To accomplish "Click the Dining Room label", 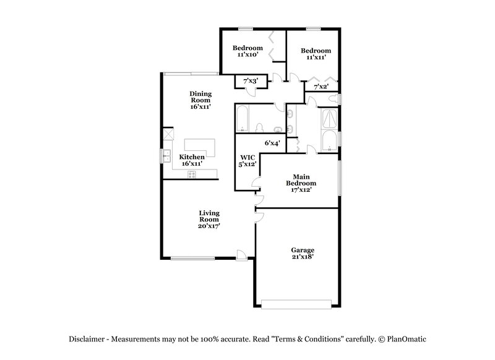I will click(x=200, y=100).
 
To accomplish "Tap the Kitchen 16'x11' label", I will click(x=192, y=161).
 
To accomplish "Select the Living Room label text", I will click(x=209, y=220).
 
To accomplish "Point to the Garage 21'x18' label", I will click(x=302, y=253).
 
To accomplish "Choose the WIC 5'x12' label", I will click(x=247, y=161).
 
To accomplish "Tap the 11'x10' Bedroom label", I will click(x=247, y=51).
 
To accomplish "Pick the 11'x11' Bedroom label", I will click(x=316, y=54).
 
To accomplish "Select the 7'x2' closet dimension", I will click(x=321, y=87).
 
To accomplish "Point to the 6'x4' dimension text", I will click(x=273, y=143).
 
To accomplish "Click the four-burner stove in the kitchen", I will click(x=192, y=174).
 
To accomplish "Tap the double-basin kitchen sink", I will click(x=166, y=155).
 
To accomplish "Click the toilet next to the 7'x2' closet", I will click(x=333, y=99).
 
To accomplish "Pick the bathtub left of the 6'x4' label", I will click(x=242, y=119).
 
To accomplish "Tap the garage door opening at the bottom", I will click(x=296, y=304).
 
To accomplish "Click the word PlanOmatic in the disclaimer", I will click(x=407, y=339).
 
